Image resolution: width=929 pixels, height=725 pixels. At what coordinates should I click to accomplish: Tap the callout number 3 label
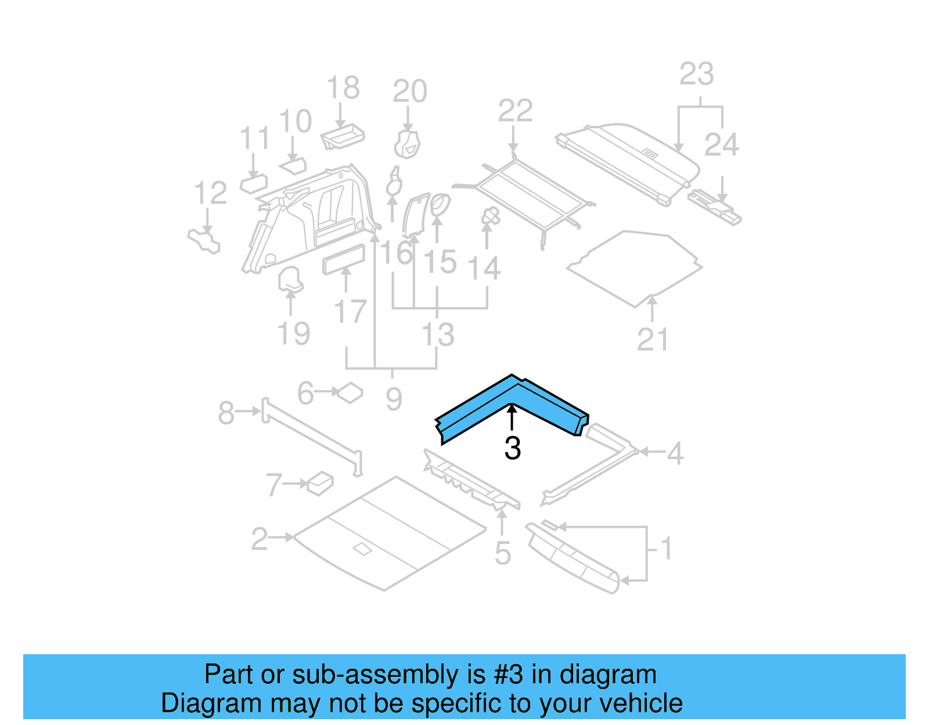pyautogui.click(x=512, y=448)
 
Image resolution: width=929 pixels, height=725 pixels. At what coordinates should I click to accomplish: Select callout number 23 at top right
pyautogui.click(x=696, y=74)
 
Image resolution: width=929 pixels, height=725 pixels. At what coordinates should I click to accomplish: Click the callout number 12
pyautogui.click(x=210, y=193)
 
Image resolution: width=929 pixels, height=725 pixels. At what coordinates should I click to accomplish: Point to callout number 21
pyautogui.click(x=653, y=340)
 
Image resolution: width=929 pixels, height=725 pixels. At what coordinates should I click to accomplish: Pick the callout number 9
pyautogui.click(x=394, y=399)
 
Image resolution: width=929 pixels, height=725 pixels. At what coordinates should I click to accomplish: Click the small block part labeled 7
pyautogui.click(x=320, y=483)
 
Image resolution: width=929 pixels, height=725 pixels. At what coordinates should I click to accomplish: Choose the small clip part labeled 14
pyautogui.click(x=491, y=217)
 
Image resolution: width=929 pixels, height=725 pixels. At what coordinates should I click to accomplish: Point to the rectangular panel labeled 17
pyautogui.click(x=344, y=259)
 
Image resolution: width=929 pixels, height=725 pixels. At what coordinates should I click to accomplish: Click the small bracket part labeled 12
pyautogui.click(x=204, y=241)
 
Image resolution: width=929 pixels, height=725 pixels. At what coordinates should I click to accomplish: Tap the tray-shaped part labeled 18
pyautogui.click(x=343, y=136)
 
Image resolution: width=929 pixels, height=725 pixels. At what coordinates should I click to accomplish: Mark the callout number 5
pyautogui.click(x=503, y=553)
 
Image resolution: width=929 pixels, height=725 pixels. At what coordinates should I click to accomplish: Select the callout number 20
pyautogui.click(x=409, y=92)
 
